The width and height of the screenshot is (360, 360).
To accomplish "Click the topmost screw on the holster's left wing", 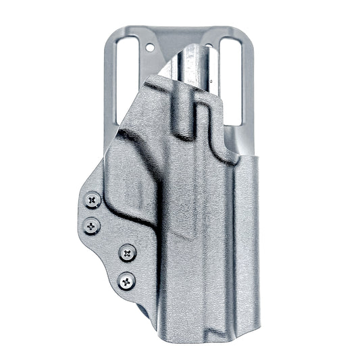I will [93, 200].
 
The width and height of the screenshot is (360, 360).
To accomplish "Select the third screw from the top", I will [126, 253].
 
